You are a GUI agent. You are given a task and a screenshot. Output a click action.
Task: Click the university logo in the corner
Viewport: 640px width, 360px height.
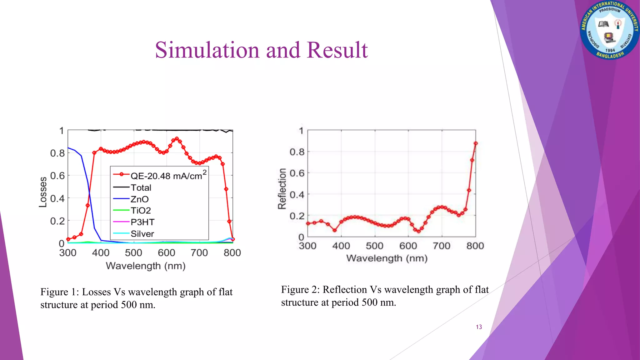point(609,30)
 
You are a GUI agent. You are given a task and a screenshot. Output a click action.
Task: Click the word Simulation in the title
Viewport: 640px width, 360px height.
point(207,50)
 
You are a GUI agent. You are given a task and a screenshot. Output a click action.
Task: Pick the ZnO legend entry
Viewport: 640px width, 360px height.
point(139,199)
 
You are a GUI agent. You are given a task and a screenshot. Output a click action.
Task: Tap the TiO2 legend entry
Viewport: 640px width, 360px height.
point(141,211)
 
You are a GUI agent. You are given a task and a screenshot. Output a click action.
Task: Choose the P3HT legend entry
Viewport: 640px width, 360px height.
point(142,222)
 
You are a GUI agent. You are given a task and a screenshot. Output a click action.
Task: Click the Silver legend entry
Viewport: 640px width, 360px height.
point(142,234)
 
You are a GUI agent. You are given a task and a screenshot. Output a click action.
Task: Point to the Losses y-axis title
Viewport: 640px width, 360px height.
point(43,192)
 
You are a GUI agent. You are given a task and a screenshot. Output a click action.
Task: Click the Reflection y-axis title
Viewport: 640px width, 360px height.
point(282,188)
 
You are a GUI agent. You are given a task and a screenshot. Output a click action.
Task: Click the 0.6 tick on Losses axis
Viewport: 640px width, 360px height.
point(57,176)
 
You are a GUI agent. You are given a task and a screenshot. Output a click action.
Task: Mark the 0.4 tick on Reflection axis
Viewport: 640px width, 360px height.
point(297,195)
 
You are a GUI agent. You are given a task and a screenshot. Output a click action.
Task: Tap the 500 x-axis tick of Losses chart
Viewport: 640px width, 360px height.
point(133,252)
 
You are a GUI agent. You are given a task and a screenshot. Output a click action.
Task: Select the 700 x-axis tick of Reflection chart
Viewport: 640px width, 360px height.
point(441,246)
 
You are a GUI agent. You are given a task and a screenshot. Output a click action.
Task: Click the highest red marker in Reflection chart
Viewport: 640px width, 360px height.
point(476,143)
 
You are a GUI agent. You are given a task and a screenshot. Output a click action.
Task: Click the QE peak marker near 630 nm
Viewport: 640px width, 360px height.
point(177,138)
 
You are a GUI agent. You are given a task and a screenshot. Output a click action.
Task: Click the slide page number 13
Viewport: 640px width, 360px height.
point(479,327)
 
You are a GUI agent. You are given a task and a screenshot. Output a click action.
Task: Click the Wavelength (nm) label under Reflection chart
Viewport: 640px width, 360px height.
point(387,258)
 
